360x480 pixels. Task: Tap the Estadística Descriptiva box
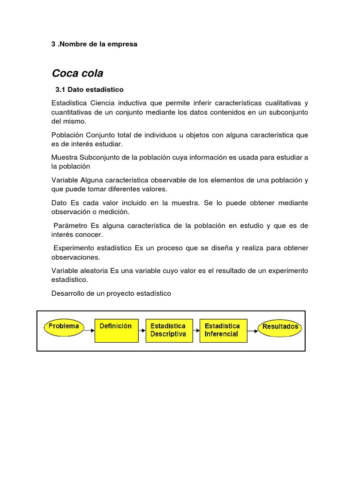point(168,330)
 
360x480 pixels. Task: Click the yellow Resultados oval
point(280,327)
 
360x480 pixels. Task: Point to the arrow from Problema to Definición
point(89,330)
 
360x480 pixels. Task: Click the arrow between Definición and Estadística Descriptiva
point(142,330)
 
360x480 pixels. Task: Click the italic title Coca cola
point(77,73)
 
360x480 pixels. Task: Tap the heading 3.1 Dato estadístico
point(89,89)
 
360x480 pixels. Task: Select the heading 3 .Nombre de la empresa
point(94,44)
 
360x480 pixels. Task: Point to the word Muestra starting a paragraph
point(64,157)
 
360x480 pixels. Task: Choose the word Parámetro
point(71,225)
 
